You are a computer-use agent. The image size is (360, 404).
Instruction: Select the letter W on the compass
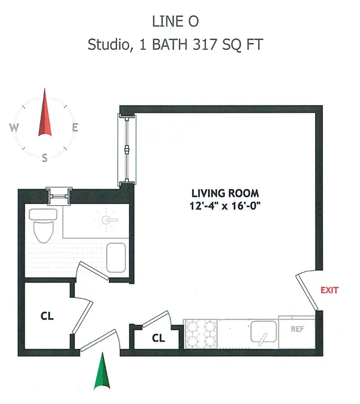(x=14, y=127)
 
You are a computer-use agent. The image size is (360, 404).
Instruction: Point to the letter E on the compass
(x=75, y=127)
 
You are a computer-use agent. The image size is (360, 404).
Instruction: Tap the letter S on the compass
(x=45, y=158)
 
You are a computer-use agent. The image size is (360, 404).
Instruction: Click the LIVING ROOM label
(x=225, y=193)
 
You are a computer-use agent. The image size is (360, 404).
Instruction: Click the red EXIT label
(x=329, y=290)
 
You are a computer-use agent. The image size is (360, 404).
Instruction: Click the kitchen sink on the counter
(x=262, y=331)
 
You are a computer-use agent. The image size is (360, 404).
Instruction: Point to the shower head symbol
(x=107, y=220)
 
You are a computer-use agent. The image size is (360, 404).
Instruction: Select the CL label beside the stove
(x=158, y=338)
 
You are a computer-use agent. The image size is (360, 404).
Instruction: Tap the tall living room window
(x=127, y=149)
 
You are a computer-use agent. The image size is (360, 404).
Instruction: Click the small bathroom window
(x=59, y=194)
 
